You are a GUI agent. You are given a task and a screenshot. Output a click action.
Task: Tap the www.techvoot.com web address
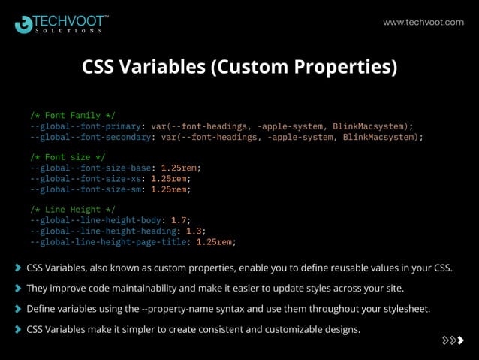pos(423,23)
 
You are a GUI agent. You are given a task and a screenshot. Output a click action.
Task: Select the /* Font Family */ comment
pos(73,116)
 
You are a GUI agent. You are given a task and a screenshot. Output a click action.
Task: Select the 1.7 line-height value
pos(178,220)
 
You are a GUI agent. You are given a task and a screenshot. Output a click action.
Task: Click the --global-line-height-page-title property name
pos(108,242)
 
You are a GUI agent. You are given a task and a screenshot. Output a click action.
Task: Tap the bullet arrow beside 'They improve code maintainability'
pos(17,288)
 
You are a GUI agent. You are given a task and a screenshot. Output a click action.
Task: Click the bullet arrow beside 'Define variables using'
pos(17,309)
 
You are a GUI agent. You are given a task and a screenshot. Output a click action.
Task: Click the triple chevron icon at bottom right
pos(453,340)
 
